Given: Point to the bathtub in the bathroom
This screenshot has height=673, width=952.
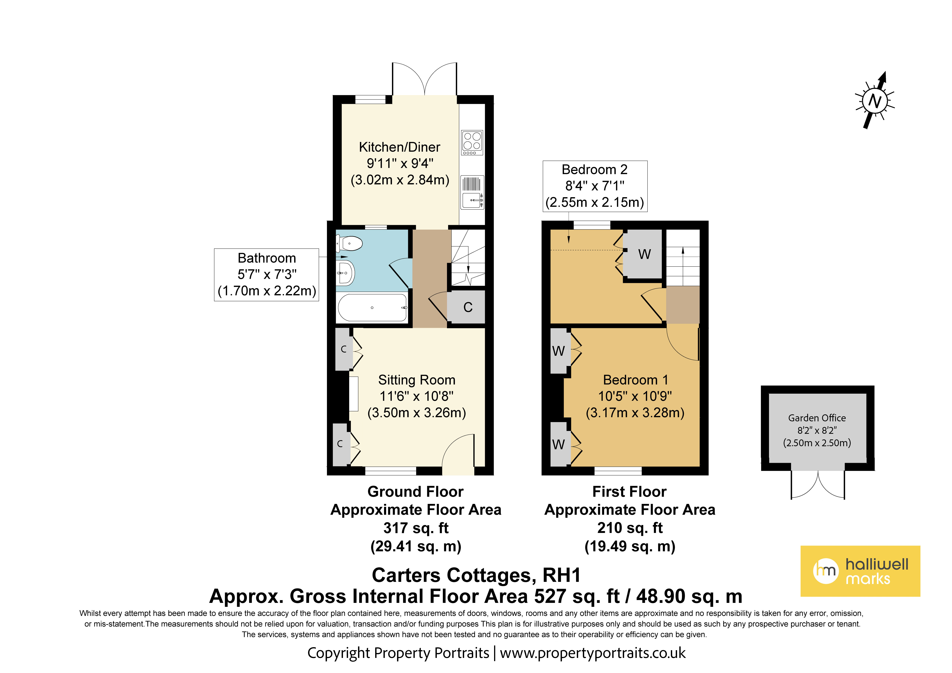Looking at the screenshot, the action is click(x=372, y=307).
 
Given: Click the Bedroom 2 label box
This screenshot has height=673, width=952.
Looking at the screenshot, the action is click(x=595, y=186).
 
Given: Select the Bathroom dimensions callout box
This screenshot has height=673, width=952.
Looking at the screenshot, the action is click(x=267, y=275).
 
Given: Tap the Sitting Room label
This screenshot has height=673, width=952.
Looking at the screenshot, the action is click(x=417, y=380).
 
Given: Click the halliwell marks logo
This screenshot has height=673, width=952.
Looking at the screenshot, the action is click(x=860, y=571).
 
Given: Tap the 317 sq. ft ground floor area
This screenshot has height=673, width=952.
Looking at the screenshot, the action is click(x=416, y=528).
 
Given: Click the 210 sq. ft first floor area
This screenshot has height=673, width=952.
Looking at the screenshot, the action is click(x=630, y=528).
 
